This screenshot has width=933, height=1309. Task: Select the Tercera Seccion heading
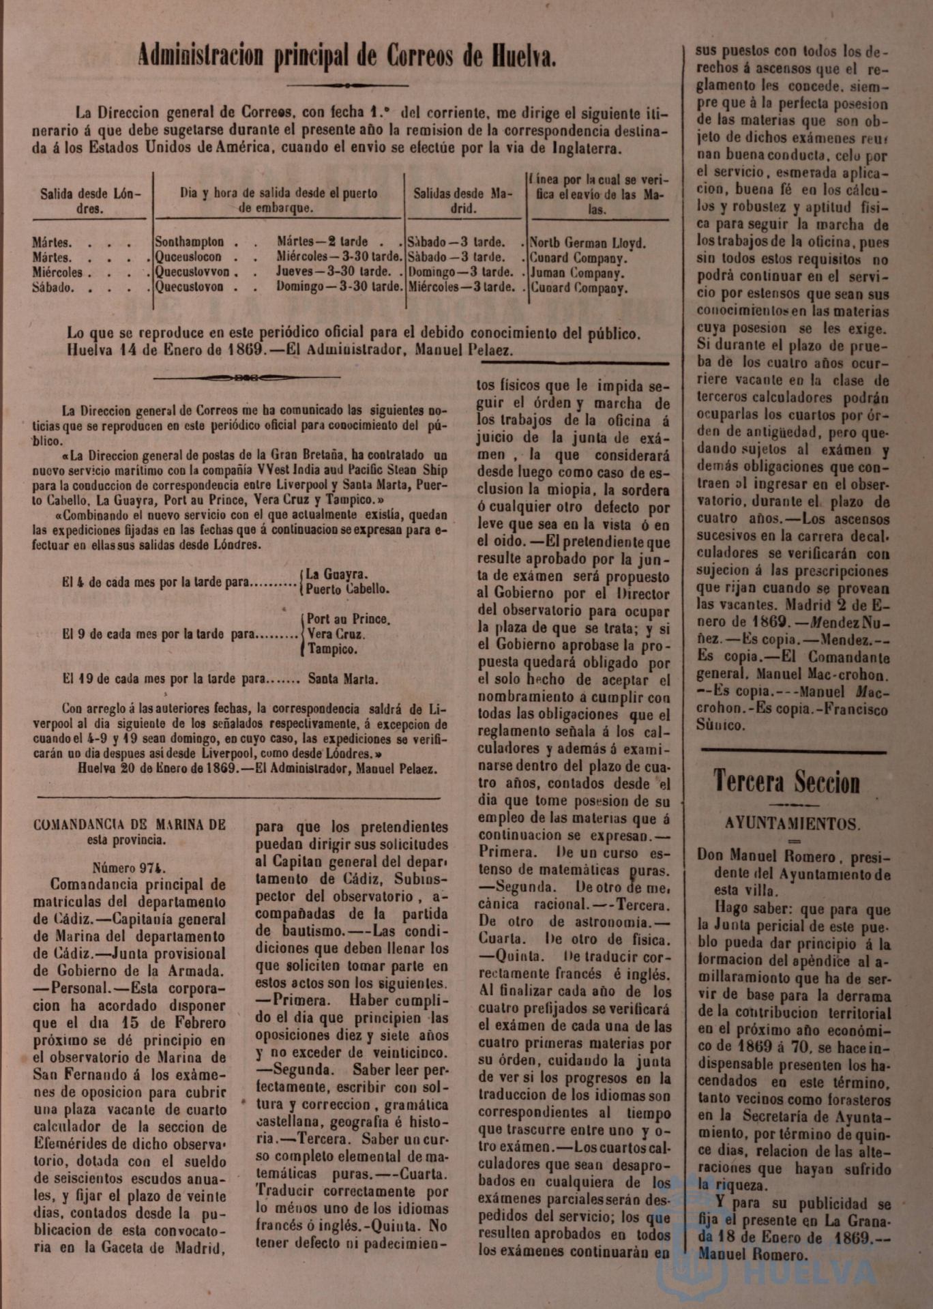786,782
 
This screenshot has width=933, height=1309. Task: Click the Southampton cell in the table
190,242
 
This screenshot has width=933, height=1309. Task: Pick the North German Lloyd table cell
588,243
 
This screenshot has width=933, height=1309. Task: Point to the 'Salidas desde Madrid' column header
463,201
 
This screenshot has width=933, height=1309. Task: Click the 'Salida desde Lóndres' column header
90,201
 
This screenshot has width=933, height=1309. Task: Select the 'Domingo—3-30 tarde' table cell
339,287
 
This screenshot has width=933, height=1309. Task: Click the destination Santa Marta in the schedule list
343,679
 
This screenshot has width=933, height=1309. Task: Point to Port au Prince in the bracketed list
348,619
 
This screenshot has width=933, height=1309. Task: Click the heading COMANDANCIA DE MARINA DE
130,825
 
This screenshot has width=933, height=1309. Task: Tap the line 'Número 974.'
130,868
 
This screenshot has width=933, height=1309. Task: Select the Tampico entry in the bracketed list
332,649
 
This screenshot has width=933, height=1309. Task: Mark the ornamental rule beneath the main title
347,85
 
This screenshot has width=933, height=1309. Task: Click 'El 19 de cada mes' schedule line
109,679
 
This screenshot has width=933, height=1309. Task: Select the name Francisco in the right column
857,709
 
